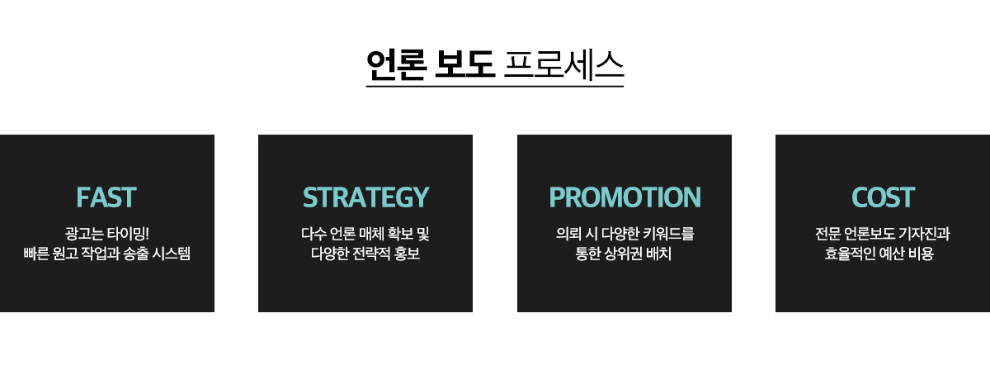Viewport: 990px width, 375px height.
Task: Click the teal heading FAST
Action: pyautogui.click(x=106, y=197)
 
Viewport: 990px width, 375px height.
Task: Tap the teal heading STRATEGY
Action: pyautogui.click(x=365, y=197)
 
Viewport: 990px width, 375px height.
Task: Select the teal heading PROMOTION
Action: pyautogui.click(x=625, y=197)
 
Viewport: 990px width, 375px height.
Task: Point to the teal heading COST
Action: pyautogui.click(x=883, y=197)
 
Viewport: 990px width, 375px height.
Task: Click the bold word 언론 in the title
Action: pyautogui.click(x=397, y=64)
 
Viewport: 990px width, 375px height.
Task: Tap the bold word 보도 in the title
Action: pyautogui.click(x=464, y=64)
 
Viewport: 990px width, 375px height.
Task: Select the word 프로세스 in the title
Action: pyautogui.click(x=563, y=64)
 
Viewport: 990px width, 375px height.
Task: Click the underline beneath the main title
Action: pyautogui.click(x=495, y=86)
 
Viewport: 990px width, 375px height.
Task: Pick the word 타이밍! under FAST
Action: pyautogui.click(x=128, y=233)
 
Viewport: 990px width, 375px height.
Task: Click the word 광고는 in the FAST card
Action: pyautogui.click(x=84, y=233)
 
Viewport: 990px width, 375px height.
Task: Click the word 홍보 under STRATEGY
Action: pyautogui.click(x=407, y=254)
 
